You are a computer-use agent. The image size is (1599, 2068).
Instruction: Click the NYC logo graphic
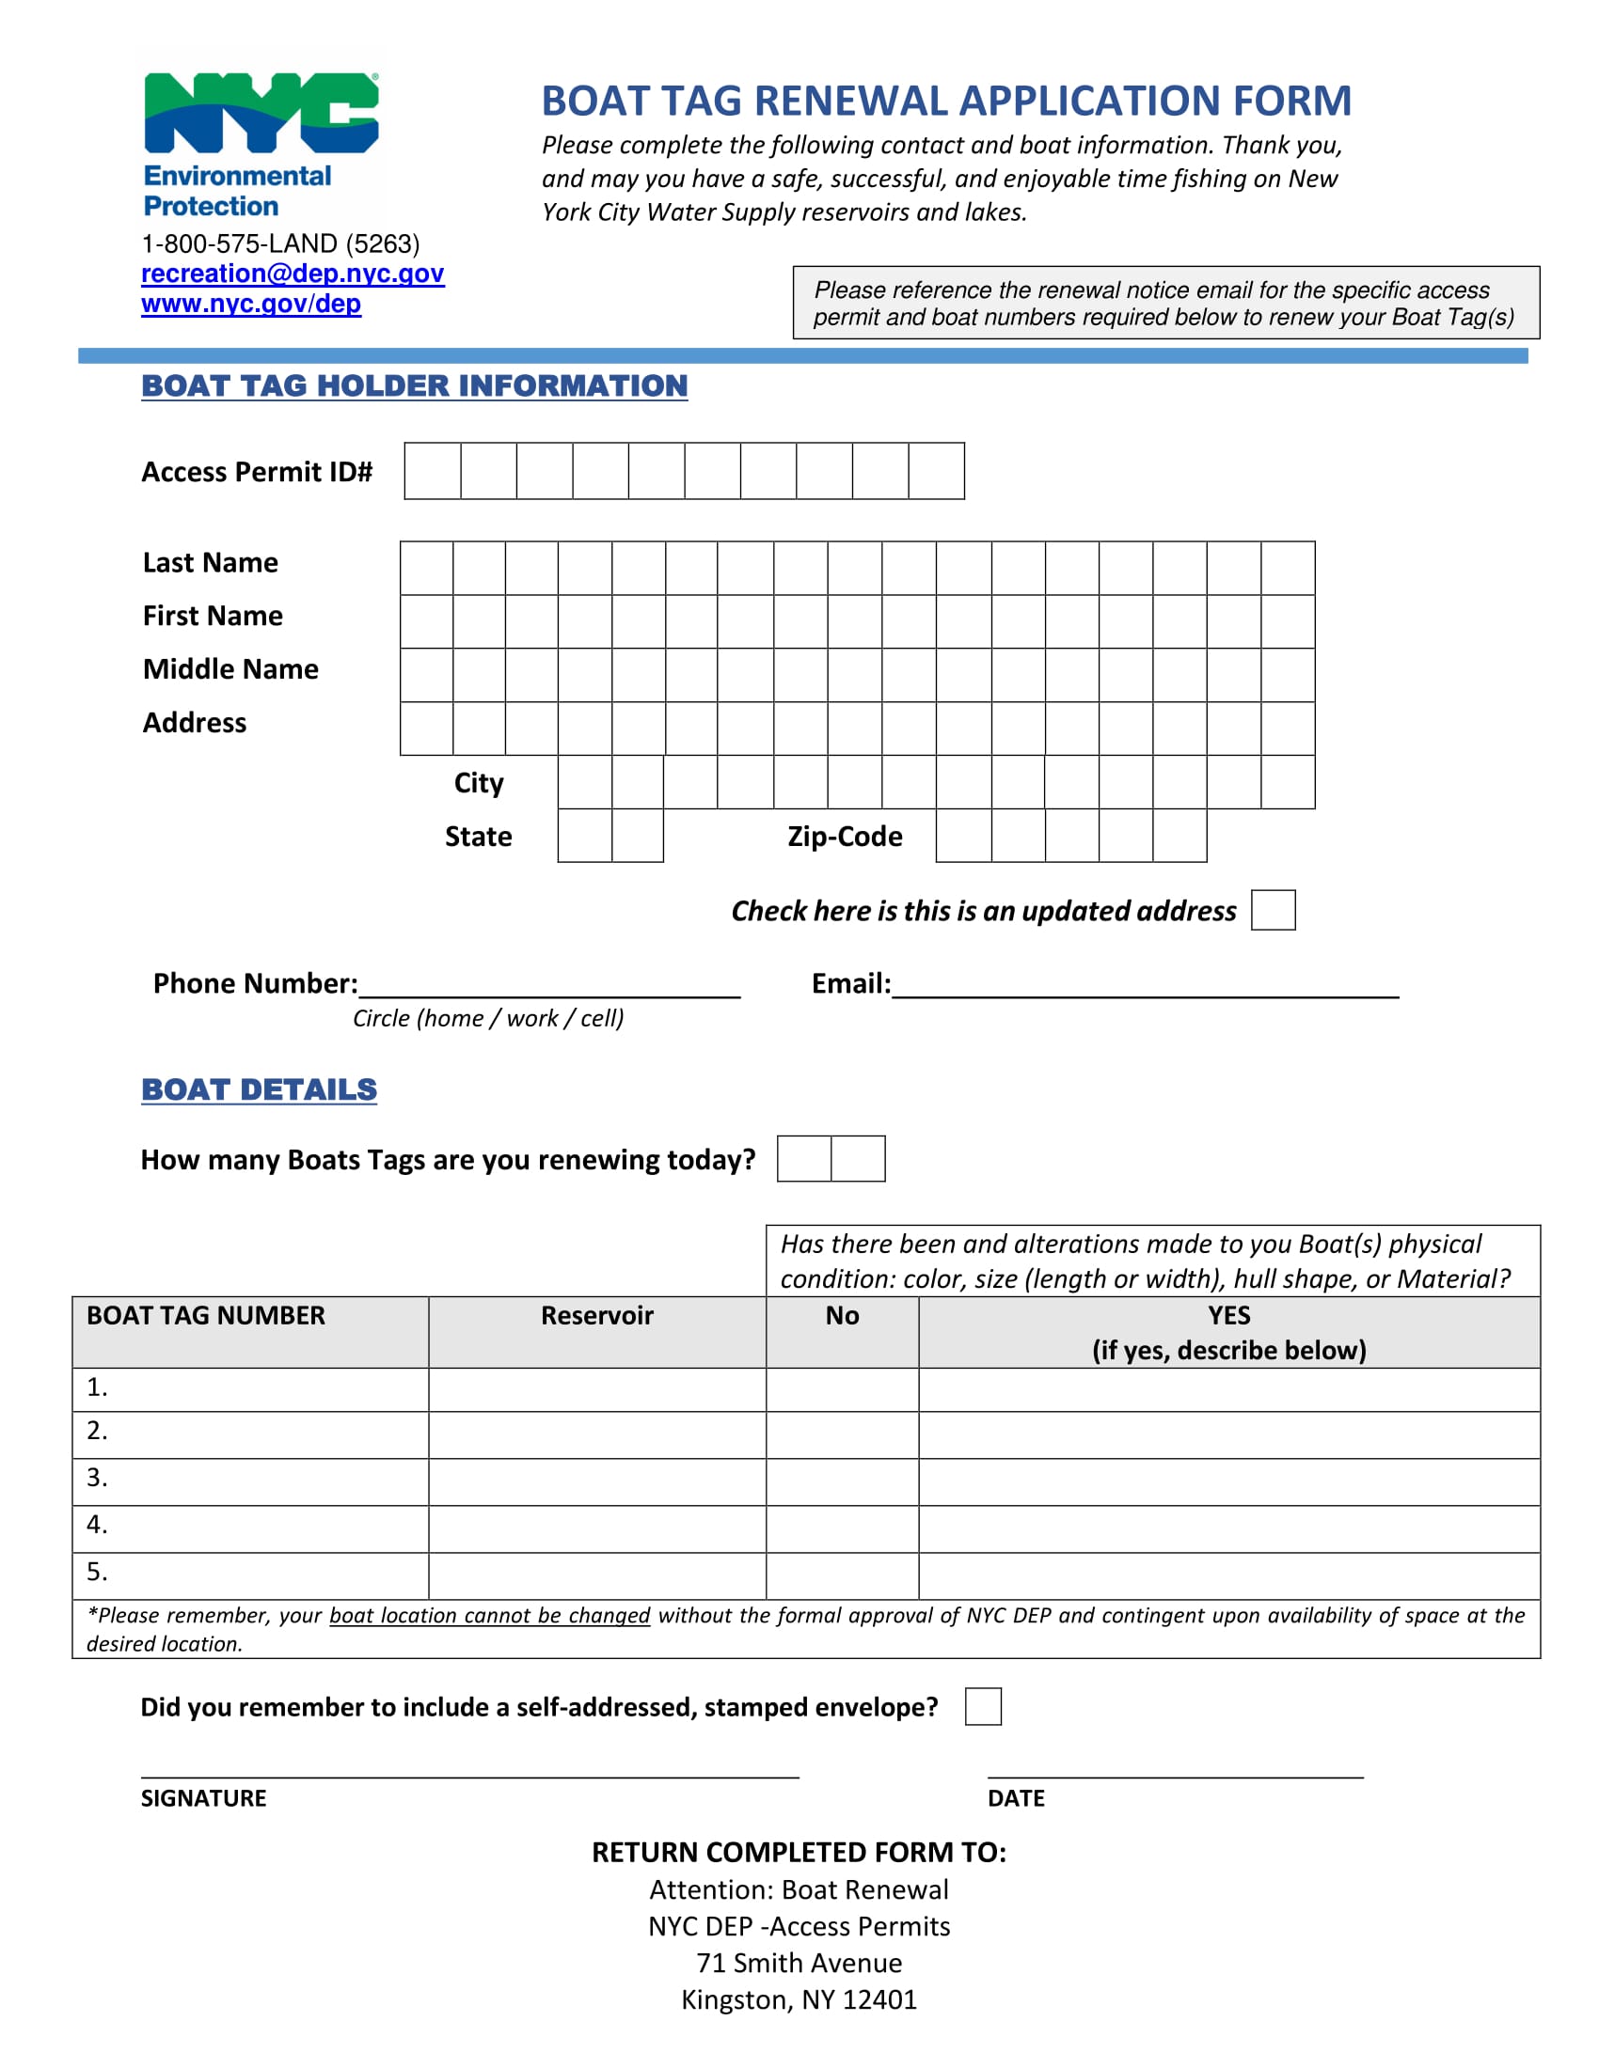pos(261,113)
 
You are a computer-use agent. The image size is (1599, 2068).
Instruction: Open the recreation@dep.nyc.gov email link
pos(292,274)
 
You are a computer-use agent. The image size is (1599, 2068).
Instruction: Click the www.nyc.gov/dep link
pos(251,304)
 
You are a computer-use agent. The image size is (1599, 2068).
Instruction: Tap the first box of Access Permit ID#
pos(433,471)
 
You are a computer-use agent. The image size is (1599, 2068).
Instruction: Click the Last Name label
pos(211,562)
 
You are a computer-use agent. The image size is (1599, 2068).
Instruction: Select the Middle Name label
pos(230,669)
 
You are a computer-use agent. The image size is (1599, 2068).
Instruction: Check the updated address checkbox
pos(1273,910)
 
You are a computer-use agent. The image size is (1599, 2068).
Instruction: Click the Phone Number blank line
pos(549,985)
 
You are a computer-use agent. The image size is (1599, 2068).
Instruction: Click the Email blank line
pos(1145,985)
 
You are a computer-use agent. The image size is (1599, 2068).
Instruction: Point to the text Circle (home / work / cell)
pos(488,1019)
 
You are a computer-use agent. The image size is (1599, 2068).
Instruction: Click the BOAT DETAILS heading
pos(259,1089)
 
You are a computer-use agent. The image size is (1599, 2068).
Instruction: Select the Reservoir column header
pos(596,1316)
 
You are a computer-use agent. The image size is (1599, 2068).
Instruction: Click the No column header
pos(842,1316)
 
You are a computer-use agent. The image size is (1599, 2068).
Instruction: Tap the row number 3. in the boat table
pos(98,1478)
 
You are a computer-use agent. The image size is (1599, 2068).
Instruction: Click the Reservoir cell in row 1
pos(596,1390)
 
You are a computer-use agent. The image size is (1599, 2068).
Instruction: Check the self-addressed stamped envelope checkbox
pos(982,1706)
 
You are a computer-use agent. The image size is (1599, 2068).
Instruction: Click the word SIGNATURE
pos(204,1798)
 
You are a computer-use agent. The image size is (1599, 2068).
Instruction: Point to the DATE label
pos(1016,1798)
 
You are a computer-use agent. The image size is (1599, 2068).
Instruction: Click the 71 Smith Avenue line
pos(799,1963)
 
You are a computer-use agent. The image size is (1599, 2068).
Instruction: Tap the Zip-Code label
pos(844,837)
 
